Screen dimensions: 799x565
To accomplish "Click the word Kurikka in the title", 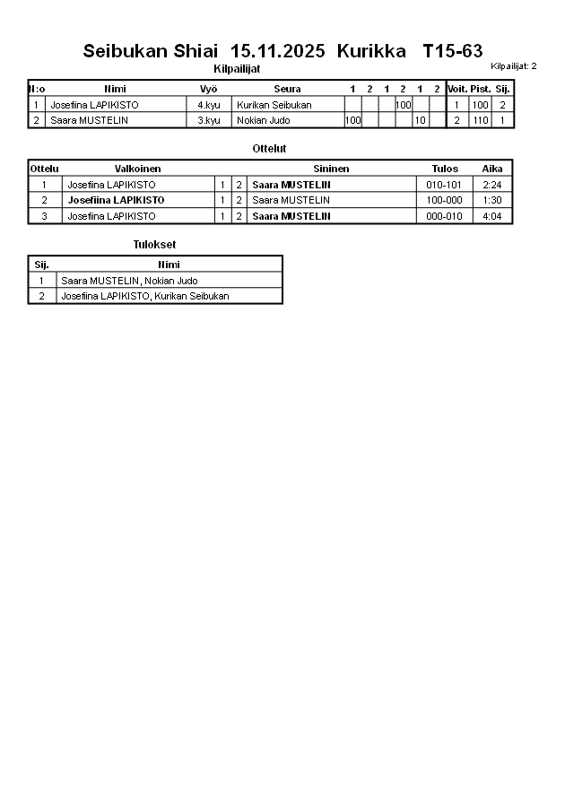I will click(365, 51).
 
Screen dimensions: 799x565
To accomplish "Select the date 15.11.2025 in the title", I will click(277, 51).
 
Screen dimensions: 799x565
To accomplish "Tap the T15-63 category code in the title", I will click(452, 51).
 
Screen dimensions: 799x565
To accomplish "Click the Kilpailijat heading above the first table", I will click(237, 68).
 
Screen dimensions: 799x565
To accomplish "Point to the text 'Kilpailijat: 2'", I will click(514, 65).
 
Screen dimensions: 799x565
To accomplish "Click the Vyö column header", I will click(208, 89).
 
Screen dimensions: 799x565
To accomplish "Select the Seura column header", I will click(287, 89).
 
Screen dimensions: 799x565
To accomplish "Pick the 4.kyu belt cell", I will click(208, 105).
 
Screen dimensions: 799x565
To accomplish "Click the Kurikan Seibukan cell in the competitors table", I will click(274, 105).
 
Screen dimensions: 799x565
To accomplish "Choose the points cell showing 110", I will click(481, 120).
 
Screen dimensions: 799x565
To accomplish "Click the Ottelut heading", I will click(270, 148).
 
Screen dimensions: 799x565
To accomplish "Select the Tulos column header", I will click(445, 169).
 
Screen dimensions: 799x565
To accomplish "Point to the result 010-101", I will click(445, 185).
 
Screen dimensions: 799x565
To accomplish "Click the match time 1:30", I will click(491, 200).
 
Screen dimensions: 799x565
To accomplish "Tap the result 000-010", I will click(445, 216).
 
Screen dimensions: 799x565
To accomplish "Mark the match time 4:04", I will click(491, 216).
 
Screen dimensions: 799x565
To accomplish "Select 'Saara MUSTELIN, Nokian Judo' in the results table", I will click(129, 281).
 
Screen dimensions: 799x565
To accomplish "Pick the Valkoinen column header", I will click(138, 169).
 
